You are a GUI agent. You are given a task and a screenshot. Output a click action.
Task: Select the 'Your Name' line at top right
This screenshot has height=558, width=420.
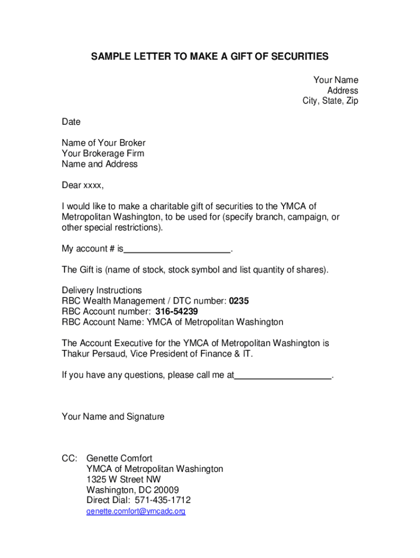tap(335, 80)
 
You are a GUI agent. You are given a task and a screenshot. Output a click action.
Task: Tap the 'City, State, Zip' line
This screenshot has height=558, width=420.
tap(331, 101)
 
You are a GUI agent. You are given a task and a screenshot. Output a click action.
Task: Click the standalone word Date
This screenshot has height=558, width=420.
tap(71, 122)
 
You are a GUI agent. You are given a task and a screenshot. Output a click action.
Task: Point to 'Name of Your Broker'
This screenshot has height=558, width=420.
tap(104, 143)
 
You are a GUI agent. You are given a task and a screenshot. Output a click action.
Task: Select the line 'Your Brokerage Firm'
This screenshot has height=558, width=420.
tap(103, 154)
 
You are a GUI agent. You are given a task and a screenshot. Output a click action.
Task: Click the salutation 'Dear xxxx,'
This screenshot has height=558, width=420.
tap(82, 185)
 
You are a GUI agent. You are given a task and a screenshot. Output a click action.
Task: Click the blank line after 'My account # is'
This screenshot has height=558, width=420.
tap(177, 250)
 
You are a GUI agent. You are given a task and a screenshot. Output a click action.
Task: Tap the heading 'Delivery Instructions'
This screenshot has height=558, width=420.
tap(101, 290)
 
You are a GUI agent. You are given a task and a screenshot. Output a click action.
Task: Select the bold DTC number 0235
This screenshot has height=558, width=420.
tap(239, 301)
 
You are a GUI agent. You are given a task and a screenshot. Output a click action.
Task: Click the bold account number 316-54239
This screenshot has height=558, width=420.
tap(176, 312)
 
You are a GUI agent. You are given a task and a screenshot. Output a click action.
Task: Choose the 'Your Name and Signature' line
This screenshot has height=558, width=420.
tap(113, 417)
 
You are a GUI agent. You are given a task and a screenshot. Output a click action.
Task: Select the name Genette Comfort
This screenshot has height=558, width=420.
tap(119, 459)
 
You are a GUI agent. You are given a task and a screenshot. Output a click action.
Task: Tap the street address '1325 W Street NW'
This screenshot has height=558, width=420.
tap(123, 480)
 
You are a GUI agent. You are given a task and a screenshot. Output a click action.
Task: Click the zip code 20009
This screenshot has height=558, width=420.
tap(166, 490)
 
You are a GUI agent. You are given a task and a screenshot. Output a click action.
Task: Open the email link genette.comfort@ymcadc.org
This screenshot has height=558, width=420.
tap(136, 512)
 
